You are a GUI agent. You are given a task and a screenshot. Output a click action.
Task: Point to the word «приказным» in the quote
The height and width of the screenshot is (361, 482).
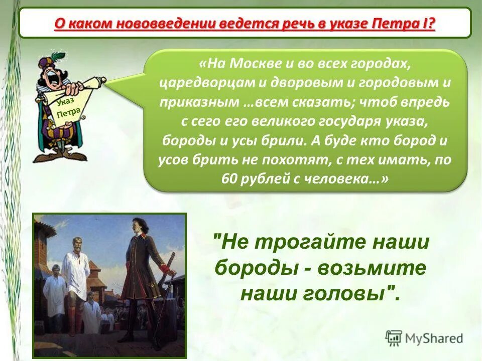point(199,102)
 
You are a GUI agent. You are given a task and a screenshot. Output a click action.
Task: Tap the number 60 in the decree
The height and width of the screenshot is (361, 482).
point(229,179)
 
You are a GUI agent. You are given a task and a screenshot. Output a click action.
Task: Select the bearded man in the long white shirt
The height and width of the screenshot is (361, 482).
point(76,271)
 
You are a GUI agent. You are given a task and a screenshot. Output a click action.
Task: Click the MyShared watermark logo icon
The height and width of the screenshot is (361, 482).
point(394,337)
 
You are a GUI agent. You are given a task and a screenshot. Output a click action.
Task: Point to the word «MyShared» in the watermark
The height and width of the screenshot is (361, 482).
point(434,338)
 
